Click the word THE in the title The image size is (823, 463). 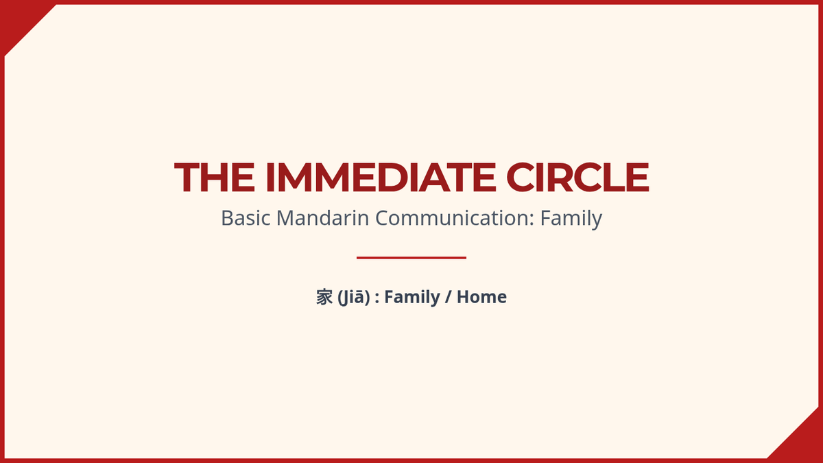click(214, 177)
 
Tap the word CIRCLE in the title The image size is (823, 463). click(578, 177)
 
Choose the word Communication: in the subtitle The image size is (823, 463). click(455, 218)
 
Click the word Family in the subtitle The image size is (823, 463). click(571, 219)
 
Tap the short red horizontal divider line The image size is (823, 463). click(411, 258)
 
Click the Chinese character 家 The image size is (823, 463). click(324, 297)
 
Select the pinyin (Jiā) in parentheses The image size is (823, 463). click(353, 297)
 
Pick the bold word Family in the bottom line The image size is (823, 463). click(412, 297)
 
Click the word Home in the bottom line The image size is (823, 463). click(481, 297)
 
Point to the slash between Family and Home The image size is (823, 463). click(448, 297)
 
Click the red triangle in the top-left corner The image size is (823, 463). click(19, 19)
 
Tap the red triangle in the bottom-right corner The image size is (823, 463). click(804, 444)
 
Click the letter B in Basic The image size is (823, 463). click(227, 218)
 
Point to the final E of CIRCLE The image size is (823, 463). click(639, 177)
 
